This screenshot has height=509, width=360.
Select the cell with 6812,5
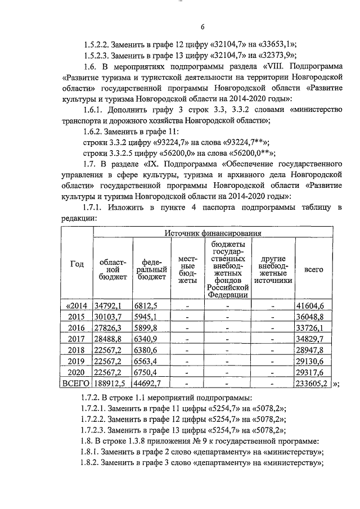[x=145, y=306]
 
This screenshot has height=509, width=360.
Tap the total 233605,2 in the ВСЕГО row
[x=313, y=384]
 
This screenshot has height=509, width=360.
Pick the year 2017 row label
[x=76, y=339]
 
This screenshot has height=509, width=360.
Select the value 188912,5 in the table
[x=111, y=384]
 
